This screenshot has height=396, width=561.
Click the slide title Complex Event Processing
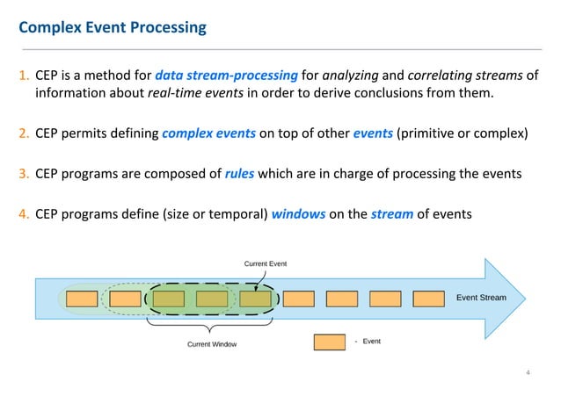point(113,27)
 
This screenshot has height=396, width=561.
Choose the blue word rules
point(237,173)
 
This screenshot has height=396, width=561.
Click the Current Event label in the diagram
point(265,263)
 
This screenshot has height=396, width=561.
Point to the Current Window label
point(212,344)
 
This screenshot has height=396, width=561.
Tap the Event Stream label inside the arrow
point(481,298)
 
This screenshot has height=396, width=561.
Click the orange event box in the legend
point(330,342)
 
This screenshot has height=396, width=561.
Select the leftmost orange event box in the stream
point(82,299)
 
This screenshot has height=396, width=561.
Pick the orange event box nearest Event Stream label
point(428,299)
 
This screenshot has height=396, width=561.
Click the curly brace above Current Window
point(211,325)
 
